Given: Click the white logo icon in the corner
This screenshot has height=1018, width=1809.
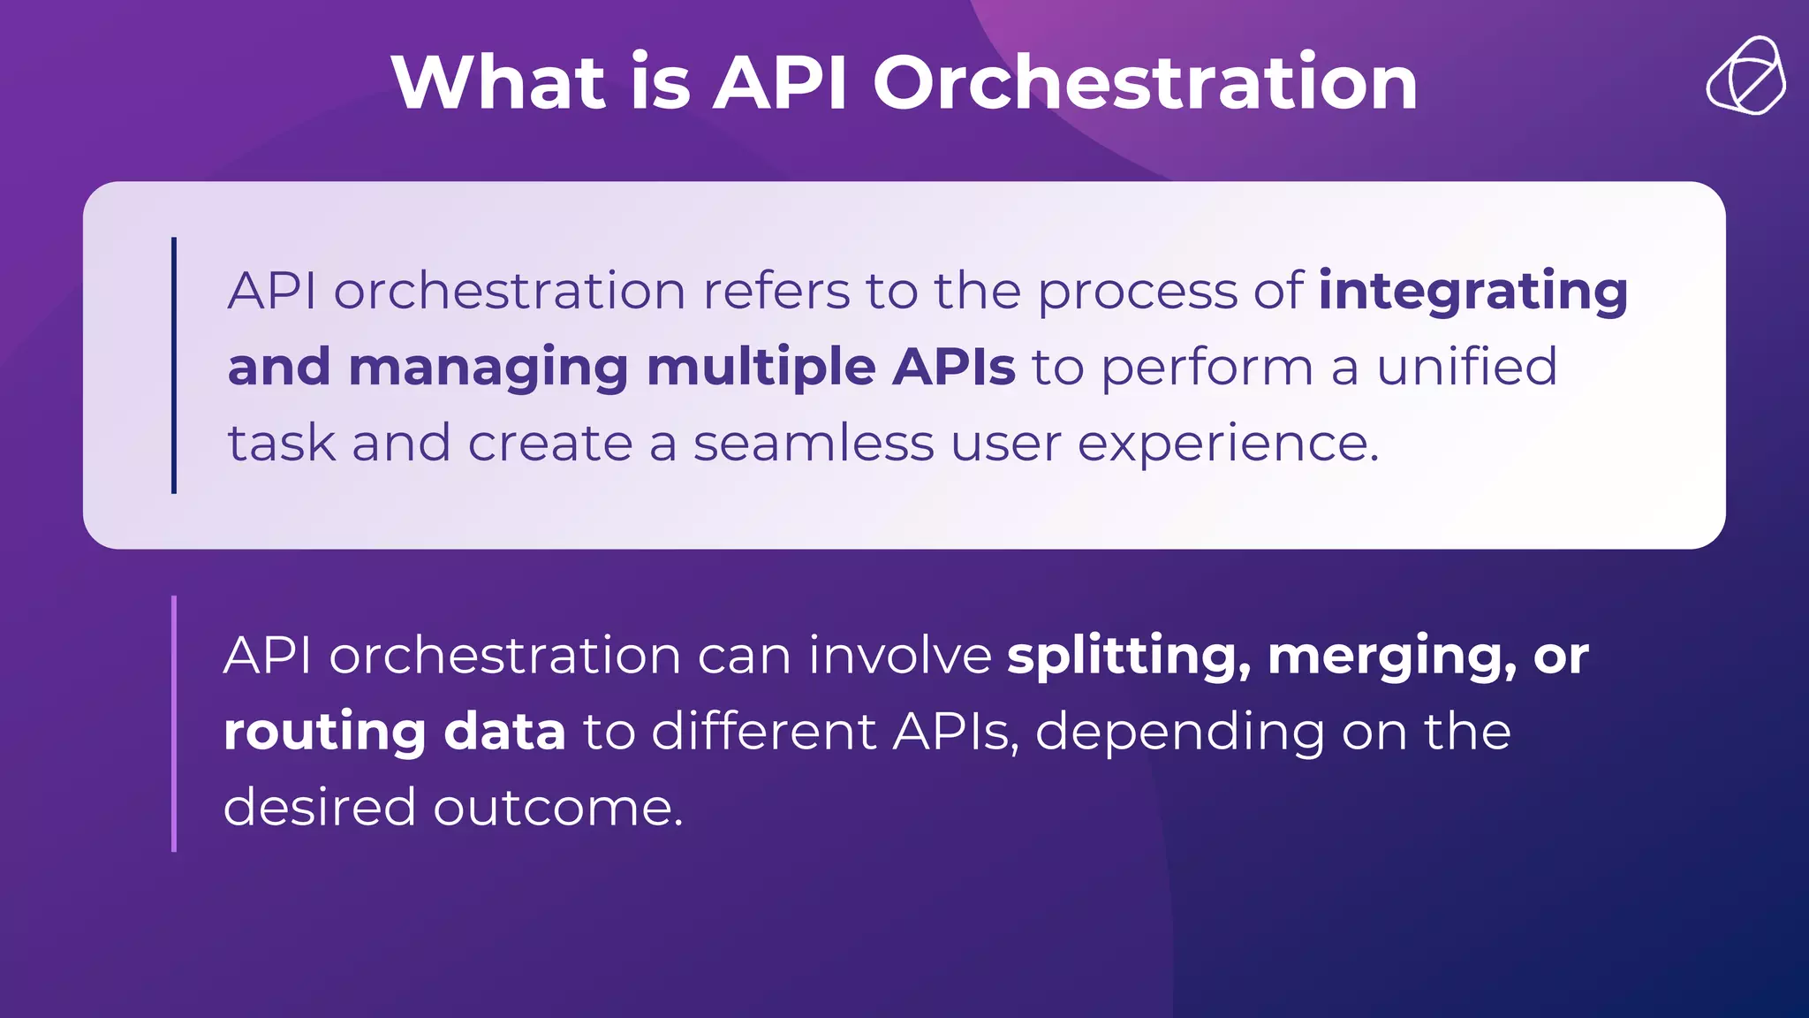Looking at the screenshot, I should (1745, 76).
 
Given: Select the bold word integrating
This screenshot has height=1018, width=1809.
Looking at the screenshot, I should (1472, 292).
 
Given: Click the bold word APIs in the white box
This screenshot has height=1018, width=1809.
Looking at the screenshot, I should (953, 367).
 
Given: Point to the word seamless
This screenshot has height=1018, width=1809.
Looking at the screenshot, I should (813, 443).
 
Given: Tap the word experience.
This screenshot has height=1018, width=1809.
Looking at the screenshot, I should (1228, 444).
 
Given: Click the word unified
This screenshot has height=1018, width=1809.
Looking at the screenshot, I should (1466, 367).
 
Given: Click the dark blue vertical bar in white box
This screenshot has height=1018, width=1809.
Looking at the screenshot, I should (174, 365).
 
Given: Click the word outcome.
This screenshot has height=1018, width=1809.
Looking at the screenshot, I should (558, 808).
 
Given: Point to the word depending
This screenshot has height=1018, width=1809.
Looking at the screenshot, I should (1179, 733).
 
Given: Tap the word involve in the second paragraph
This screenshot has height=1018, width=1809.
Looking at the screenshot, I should (899, 656).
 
